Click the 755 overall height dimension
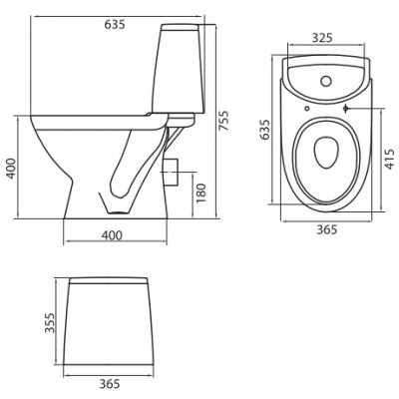(x=224, y=120)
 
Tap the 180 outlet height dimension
(x=201, y=193)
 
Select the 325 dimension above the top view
(x=322, y=38)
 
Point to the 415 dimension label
(x=391, y=159)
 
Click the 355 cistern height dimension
(x=50, y=322)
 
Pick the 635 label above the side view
(x=115, y=24)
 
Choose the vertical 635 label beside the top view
(x=264, y=130)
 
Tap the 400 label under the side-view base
(x=112, y=235)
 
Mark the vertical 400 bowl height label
(x=11, y=169)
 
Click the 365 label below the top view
(x=326, y=229)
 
